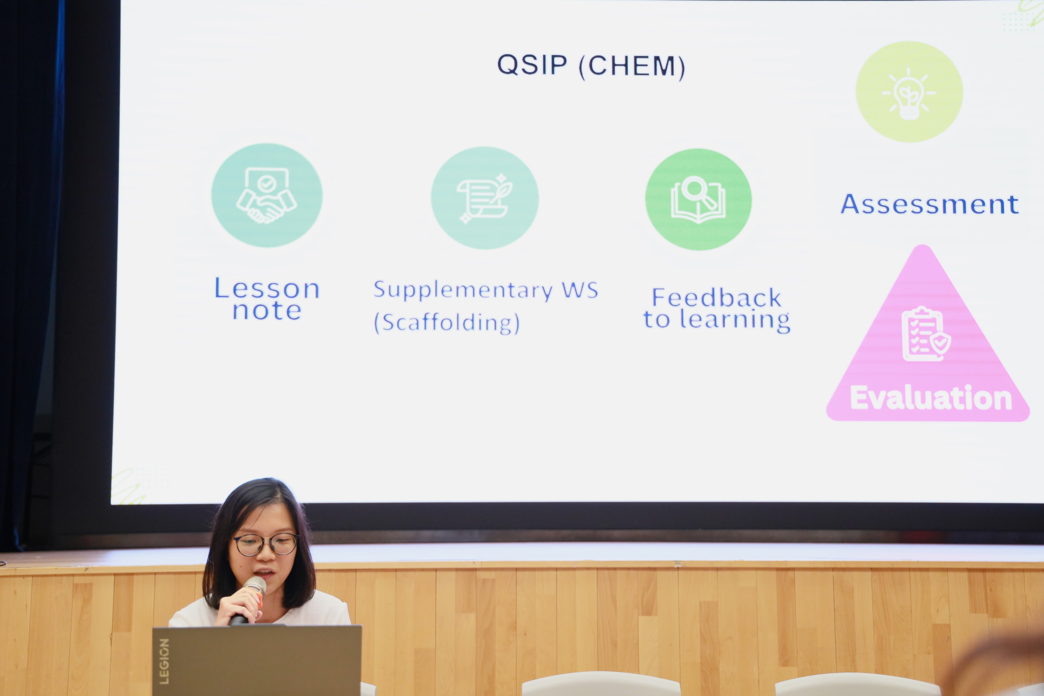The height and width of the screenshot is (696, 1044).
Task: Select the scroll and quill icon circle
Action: pos(485,198)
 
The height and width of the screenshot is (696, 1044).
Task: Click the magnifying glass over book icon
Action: pos(698,200)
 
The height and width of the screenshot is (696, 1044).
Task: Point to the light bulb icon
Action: pos(909,93)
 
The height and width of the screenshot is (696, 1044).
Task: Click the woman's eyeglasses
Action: pos(265,544)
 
